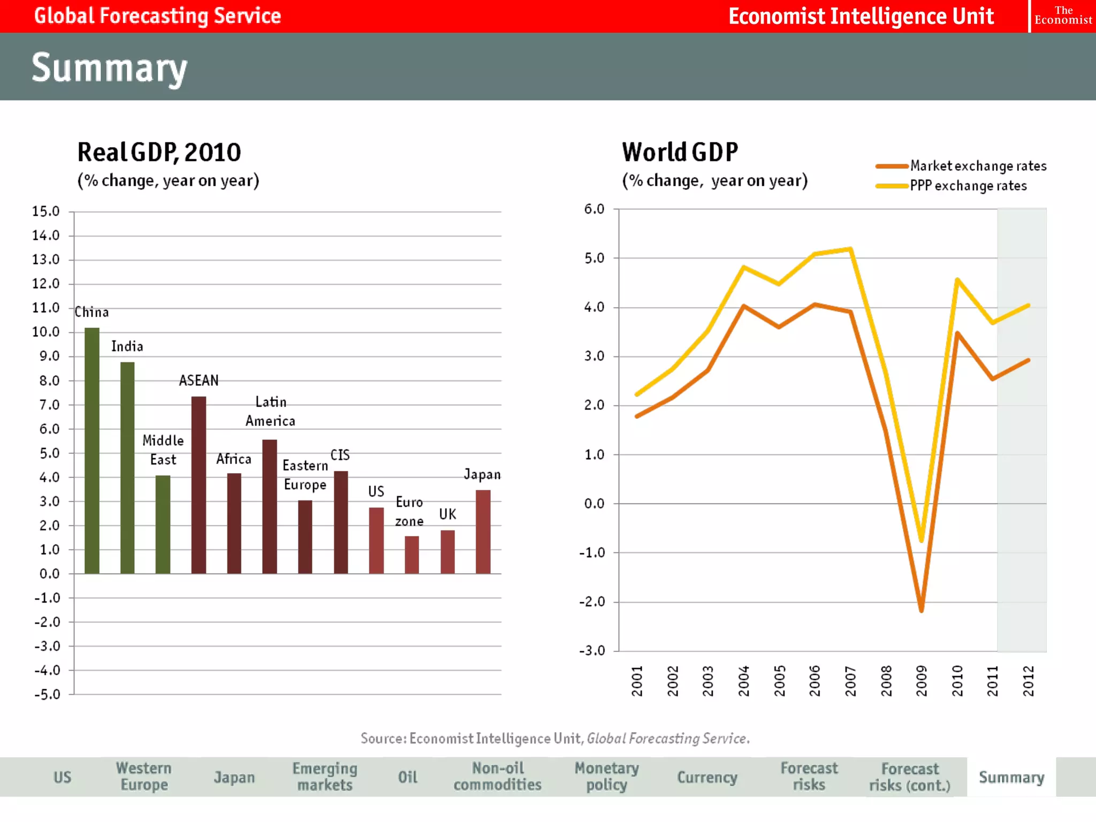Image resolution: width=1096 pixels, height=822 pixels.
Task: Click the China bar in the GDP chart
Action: pyautogui.click(x=92, y=450)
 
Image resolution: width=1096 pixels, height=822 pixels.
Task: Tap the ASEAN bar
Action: pyautogui.click(x=199, y=484)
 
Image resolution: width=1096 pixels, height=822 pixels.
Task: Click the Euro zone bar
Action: pyautogui.click(x=412, y=554)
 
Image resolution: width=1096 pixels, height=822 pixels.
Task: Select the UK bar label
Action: pyautogui.click(x=447, y=514)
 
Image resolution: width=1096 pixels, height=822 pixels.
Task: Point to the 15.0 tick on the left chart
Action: pyautogui.click(x=46, y=211)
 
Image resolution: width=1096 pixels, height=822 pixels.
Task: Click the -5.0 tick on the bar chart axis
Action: pyautogui.click(x=47, y=695)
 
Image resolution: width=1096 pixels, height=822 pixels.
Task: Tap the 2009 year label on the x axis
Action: pyautogui.click(x=922, y=681)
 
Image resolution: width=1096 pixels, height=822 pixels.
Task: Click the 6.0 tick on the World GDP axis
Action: pyautogui.click(x=594, y=209)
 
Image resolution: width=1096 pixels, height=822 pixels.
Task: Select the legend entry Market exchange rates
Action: pyautogui.click(x=978, y=166)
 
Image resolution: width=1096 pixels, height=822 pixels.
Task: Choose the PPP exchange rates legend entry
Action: pyautogui.click(x=968, y=186)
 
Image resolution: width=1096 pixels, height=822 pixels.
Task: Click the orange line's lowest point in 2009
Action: pyautogui.click(x=921, y=610)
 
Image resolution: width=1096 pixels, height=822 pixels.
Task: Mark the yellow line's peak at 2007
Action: pyautogui.click(x=850, y=249)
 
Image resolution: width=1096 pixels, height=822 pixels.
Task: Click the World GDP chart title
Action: pyautogui.click(x=680, y=152)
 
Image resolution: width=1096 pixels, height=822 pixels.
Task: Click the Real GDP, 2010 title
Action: pyautogui.click(x=159, y=152)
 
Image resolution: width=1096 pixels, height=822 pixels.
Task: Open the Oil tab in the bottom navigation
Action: pyautogui.click(x=407, y=777)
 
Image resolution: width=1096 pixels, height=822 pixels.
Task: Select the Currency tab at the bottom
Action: pyautogui.click(x=707, y=777)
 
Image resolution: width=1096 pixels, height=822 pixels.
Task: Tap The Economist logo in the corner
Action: pyautogui.click(x=1063, y=16)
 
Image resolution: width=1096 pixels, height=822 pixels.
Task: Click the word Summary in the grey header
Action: pyautogui.click(x=110, y=67)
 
